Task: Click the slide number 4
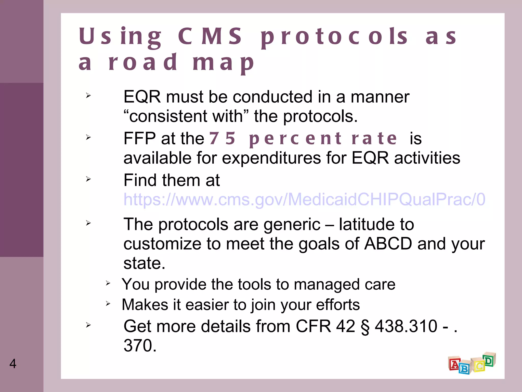pyautogui.click(x=13, y=364)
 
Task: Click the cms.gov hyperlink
pyautogui.click(x=304, y=199)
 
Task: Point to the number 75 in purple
pyautogui.click(x=222, y=138)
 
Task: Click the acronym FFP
pyautogui.click(x=139, y=138)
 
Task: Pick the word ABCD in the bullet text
pyautogui.click(x=388, y=244)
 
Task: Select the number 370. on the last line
pyautogui.click(x=140, y=346)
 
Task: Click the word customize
pyautogui.click(x=162, y=244)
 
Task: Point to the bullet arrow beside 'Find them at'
pyautogui.click(x=88, y=179)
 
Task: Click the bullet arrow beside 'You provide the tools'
pyautogui.click(x=108, y=283)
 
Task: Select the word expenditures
pyautogui.click(x=271, y=158)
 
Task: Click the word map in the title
pyautogui.click(x=223, y=63)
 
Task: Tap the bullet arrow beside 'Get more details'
pyautogui.click(x=88, y=325)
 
